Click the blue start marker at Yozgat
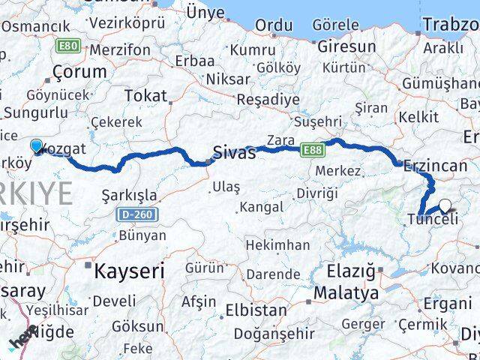[37, 146]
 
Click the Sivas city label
[234, 153]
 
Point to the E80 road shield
[68, 46]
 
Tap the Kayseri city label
[128, 271]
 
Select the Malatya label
[346, 292]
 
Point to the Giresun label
[346, 46]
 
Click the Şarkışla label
[129, 195]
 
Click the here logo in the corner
[22, 340]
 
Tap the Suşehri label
[318, 121]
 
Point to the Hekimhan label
[277, 245]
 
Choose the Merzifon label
[119, 50]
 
